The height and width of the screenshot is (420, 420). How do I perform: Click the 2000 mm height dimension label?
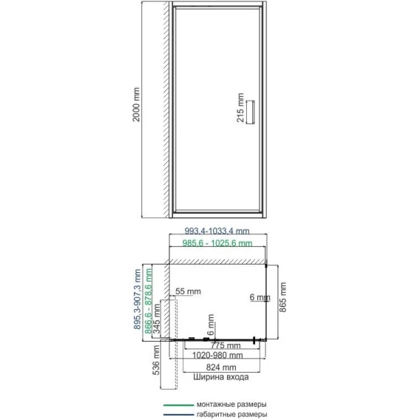click(x=136, y=104)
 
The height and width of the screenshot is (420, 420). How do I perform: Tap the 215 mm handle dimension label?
click(x=240, y=108)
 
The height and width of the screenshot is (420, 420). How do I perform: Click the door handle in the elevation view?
click(x=251, y=112)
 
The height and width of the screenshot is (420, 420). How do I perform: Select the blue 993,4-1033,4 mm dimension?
click(x=217, y=231)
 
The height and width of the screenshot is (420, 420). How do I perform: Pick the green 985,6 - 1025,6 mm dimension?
click(x=217, y=243)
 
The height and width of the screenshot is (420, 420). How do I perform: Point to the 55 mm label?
click(x=188, y=291)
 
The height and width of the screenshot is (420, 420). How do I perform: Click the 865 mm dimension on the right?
click(x=282, y=297)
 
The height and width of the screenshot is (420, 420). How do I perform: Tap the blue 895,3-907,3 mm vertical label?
click(x=137, y=299)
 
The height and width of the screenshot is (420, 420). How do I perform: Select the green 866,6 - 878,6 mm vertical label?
click(x=148, y=301)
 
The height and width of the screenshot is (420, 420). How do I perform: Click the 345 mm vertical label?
click(x=157, y=319)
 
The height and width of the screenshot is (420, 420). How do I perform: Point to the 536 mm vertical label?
click(x=157, y=360)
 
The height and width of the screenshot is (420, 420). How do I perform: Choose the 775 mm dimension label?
click(x=226, y=345)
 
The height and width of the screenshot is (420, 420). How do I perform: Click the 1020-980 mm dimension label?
click(x=217, y=356)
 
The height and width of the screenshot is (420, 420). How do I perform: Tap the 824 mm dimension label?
click(x=221, y=367)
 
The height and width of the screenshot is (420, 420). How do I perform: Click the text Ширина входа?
click(x=221, y=377)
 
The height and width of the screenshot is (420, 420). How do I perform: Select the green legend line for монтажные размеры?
click(x=178, y=405)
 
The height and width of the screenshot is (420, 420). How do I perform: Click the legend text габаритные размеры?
click(x=231, y=415)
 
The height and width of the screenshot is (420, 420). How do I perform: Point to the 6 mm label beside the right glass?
click(x=260, y=297)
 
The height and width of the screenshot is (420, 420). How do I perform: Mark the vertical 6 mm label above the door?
click(x=211, y=325)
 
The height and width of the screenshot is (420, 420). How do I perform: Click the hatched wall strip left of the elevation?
click(x=166, y=109)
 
